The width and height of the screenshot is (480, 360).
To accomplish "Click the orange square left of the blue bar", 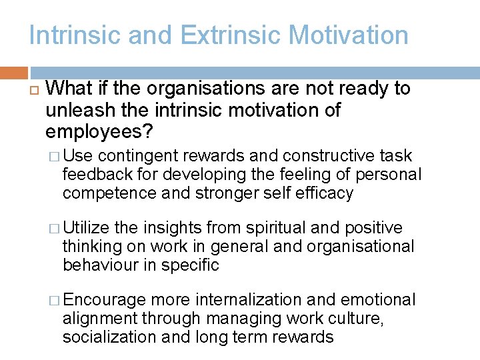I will point(14,73).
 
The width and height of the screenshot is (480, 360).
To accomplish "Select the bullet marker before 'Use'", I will point(55,157).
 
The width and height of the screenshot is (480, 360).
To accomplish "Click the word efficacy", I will point(324,193).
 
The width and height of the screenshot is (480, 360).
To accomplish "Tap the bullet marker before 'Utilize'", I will point(55,229).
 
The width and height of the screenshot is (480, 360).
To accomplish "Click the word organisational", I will point(361,247).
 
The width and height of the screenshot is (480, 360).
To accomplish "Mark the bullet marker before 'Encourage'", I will point(55,301).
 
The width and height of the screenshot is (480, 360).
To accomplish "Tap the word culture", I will point(357,319).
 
